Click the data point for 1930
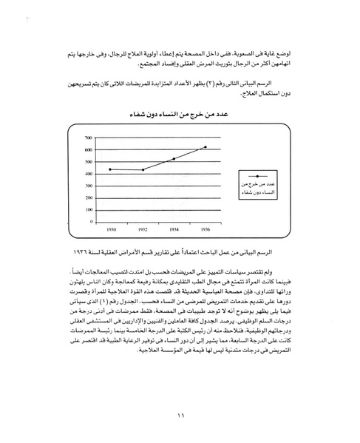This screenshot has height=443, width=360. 110,169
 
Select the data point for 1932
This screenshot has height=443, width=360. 143,169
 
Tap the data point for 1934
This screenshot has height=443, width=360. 174,159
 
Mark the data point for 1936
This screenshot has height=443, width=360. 206,147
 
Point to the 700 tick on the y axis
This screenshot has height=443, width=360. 89,138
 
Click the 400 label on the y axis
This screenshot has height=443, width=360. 89,173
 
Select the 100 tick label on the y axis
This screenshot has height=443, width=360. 89,209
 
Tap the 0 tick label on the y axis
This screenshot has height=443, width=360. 92,221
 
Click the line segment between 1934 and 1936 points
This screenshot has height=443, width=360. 190,153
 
